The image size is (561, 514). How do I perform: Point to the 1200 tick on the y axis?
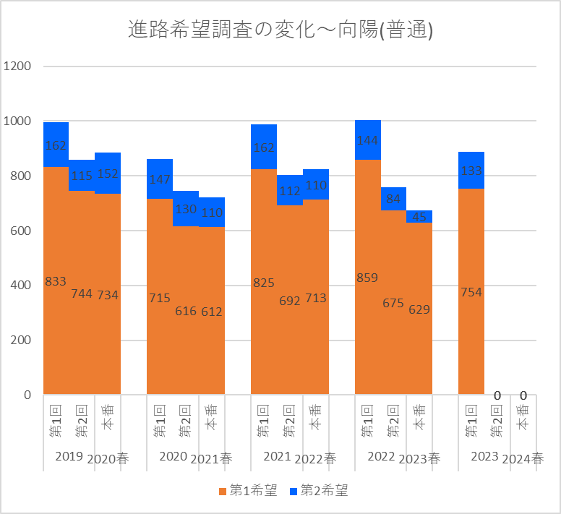pos(17,67)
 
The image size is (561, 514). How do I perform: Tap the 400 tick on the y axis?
pos(21,286)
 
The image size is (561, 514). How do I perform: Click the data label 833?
pos(56,281)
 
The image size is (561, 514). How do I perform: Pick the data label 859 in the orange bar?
pos(367,278)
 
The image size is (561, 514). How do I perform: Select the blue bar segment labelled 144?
pos(367,140)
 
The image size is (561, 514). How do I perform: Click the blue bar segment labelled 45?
pos(419,217)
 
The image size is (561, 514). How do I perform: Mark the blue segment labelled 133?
pos(471,170)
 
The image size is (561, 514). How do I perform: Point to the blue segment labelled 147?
pos(160,179)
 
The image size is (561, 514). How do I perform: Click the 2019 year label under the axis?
pos(69,456)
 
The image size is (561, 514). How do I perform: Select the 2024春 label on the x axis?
pos(523,458)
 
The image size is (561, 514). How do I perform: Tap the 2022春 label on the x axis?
pos(315,458)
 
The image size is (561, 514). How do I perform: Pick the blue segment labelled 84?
pos(393,199)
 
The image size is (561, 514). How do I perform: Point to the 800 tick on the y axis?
pos(21,176)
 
